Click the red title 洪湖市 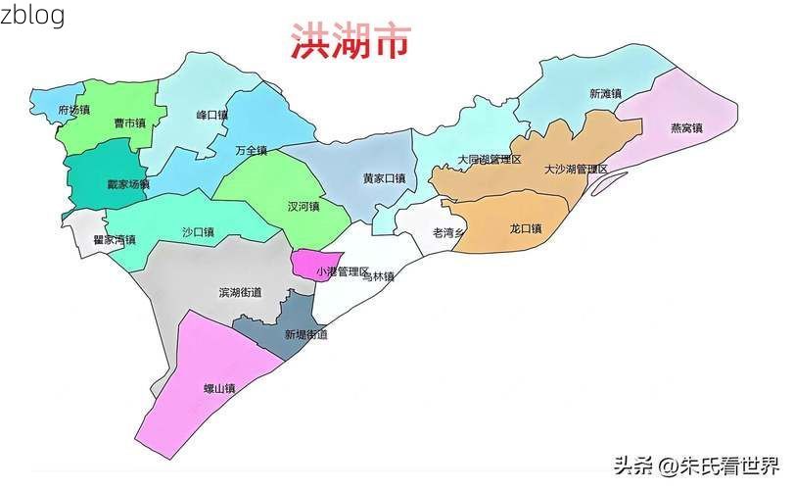coord(350,42)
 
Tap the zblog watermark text coord(33,16)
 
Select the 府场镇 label coord(73,110)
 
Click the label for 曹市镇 coord(129,123)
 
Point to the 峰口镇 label coord(211,115)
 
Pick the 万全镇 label coord(251,151)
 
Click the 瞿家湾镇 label coord(115,239)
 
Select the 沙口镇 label coord(198,232)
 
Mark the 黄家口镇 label coord(384,178)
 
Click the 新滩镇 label coord(605,94)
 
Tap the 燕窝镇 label coord(686,127)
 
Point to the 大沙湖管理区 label coord(576,170)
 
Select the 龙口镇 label coord(526,228)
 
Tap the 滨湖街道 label coord(240,292)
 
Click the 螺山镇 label coord(219,388)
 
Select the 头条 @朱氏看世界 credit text coord(696,464)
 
